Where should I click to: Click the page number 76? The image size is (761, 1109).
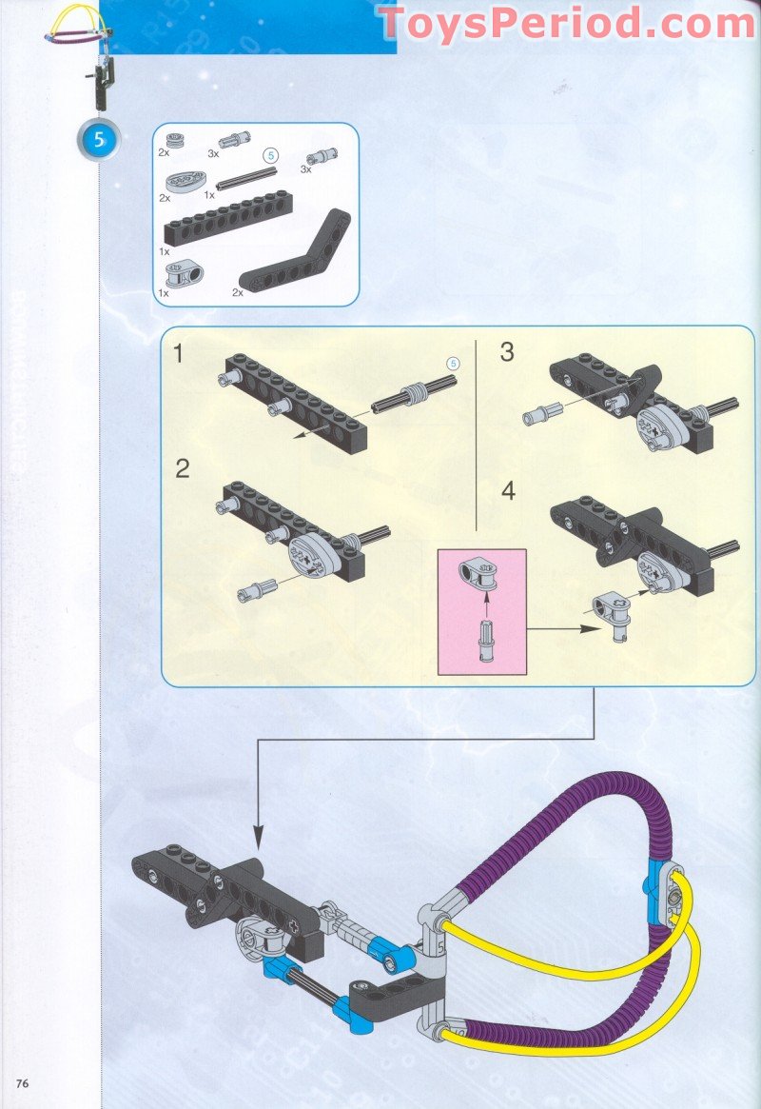pyautogui.click(x=23, y=1083)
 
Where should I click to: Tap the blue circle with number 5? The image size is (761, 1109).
pyautogui.click(x=99, y=140)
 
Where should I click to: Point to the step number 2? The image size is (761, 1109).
pyautogui.click(x=183, y=467)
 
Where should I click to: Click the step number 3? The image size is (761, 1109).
pyautogui.click(x=507, y=351)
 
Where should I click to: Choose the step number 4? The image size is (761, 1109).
pyautogui.click(x=509, y=491)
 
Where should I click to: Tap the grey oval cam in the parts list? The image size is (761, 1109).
pyautogui.click(x=181, y=181)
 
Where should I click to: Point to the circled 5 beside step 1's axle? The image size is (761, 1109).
pyautogui.click(x=454, y=363)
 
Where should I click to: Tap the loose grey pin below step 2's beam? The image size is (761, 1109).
pyautogui.click(x=259, y=587)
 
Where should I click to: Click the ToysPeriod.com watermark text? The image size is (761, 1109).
pyautogui.click(x=567, y=24)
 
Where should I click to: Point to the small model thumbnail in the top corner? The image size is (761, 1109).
pyautogui.click(x=82, y=48)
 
